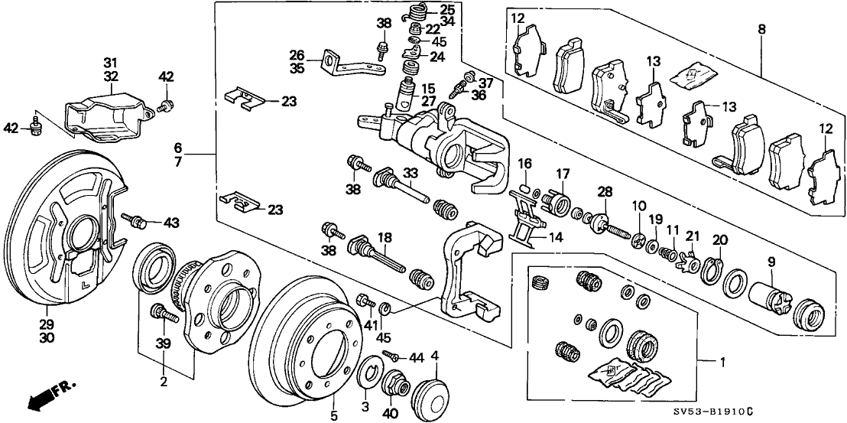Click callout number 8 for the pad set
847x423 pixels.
coord(761,31)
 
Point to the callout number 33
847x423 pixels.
coord(411,173)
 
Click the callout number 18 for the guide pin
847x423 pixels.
coord(385,238)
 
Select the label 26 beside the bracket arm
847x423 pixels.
coord(297,54)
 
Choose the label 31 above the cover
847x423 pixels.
coord(111,63)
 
